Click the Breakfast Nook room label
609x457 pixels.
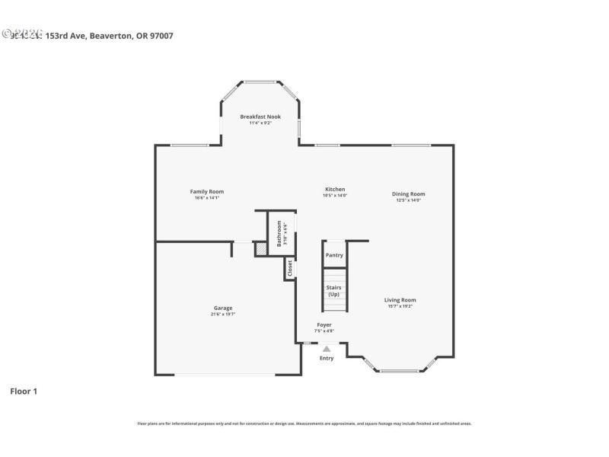click(x=260, y=117)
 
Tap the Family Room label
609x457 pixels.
click(x=206, y=191)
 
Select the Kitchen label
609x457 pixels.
click(x=335, y=189)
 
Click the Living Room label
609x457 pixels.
click(x=400, y=300)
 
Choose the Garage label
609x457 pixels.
click(x=223, y=308)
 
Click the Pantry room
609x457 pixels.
click(x=334, y=255)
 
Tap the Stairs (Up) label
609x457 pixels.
click(x=333, y=291)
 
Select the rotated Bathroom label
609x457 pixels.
click(x=279, y=233)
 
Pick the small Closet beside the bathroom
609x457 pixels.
click(x=289, y=268)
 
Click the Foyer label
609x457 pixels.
click(x=324, y=324)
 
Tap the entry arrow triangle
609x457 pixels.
click(x=327, y=349)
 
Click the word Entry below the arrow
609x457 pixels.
click(x=327, y=358)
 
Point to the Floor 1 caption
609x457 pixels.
click(x=24, y=391)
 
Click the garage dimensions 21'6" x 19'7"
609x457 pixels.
click(x=223, y=315)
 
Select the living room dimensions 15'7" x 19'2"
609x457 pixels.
click(x=400, y=307)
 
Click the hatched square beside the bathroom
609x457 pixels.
click(x=260, y=248)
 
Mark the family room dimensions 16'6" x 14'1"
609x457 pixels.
click(x=206, y=198)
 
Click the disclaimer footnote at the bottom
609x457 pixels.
click(x=304, y=423)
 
